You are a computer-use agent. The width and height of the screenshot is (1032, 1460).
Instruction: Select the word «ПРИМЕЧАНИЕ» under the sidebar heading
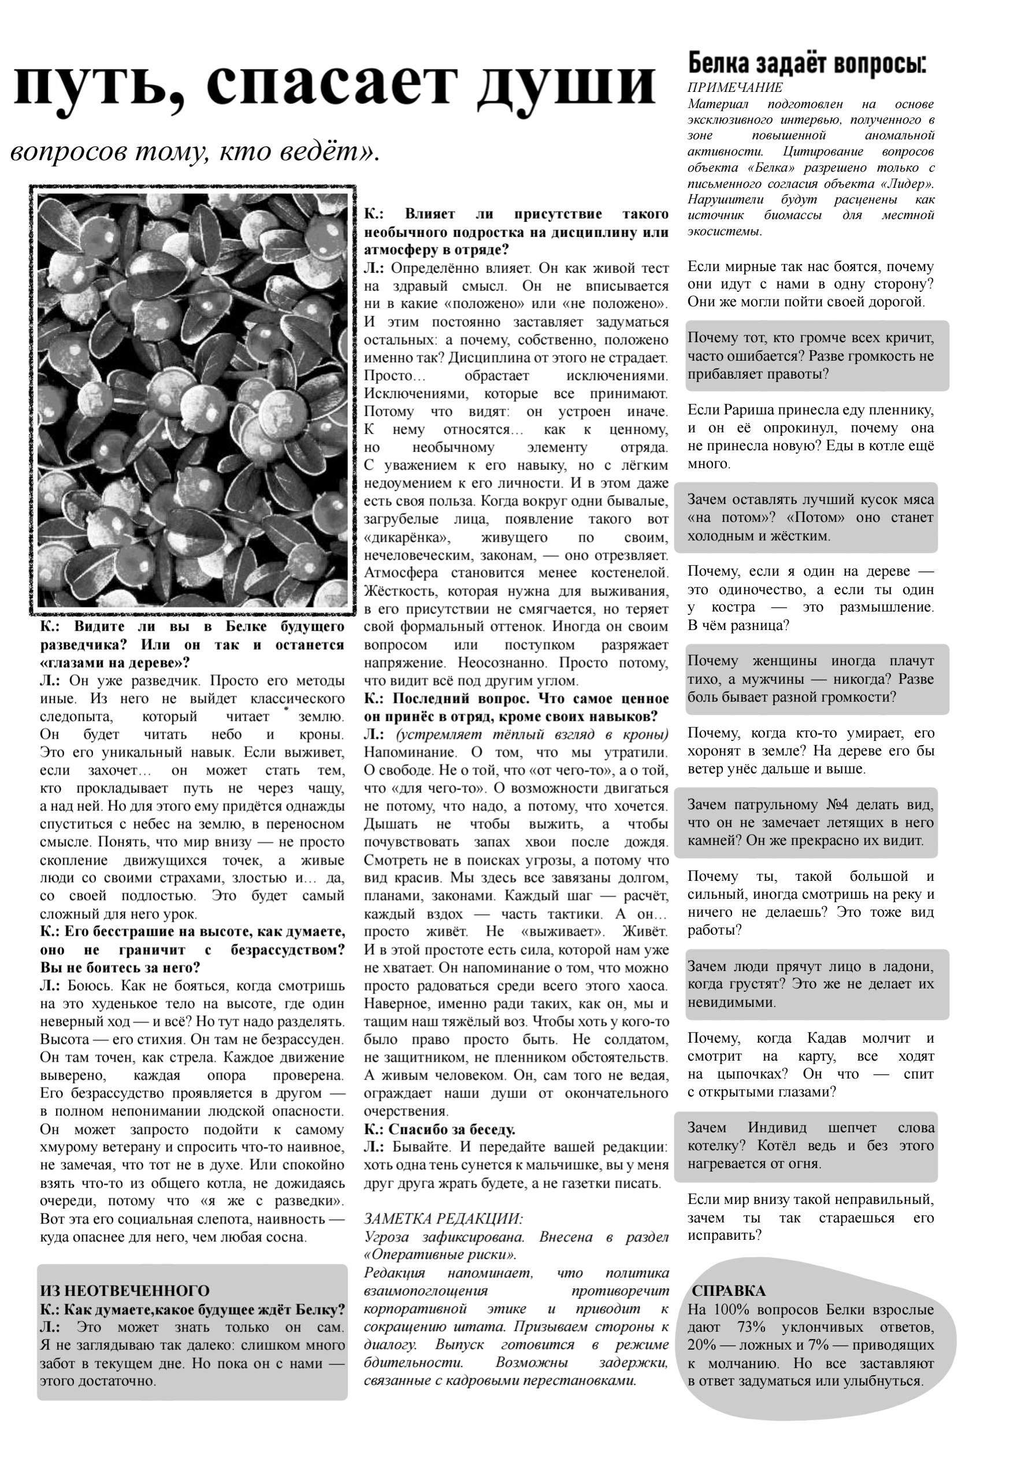[735, 88]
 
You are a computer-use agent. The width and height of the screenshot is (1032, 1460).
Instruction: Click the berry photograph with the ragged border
[192, 400]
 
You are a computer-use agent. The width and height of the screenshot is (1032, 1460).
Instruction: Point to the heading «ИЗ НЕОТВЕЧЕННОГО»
[125, 1291]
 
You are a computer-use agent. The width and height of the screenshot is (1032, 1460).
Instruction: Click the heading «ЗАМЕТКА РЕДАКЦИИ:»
[443, 1219]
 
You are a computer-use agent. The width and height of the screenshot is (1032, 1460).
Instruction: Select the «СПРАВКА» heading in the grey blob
[728, 1291]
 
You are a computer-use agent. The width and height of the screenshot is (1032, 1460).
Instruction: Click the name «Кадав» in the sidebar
[827, 1039]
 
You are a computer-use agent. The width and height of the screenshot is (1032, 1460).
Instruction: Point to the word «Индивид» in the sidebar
[777, 1128]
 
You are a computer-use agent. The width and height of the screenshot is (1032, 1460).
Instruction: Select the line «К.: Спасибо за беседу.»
[439, 1129]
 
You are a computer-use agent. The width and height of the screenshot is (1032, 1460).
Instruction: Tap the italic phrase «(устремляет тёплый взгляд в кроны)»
[532, 735]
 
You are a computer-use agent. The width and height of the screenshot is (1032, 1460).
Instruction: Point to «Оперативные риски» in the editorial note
[439, 1255]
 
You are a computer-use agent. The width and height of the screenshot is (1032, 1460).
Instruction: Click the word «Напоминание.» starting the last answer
[410, 753]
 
